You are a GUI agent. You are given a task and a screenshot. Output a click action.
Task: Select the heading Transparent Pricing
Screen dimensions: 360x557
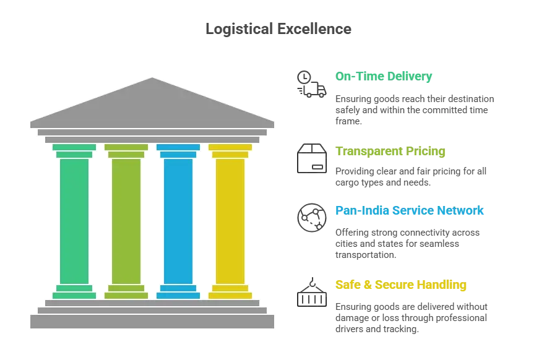point(389,152)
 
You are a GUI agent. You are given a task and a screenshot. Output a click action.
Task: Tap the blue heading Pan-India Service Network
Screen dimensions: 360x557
point(408,212)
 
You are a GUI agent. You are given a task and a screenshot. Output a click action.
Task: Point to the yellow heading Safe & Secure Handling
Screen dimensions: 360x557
point(400,285)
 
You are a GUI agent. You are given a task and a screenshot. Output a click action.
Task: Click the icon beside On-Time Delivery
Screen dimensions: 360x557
point(311,84)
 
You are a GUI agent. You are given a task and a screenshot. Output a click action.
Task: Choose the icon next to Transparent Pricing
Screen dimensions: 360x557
point(311,157)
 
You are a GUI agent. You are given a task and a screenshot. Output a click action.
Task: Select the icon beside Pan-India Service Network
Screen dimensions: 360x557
point(311,218)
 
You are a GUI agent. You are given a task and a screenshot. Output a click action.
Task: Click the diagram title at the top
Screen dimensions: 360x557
point(277,28)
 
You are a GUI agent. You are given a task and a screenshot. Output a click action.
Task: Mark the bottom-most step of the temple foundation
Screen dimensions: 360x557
point(152,322)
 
